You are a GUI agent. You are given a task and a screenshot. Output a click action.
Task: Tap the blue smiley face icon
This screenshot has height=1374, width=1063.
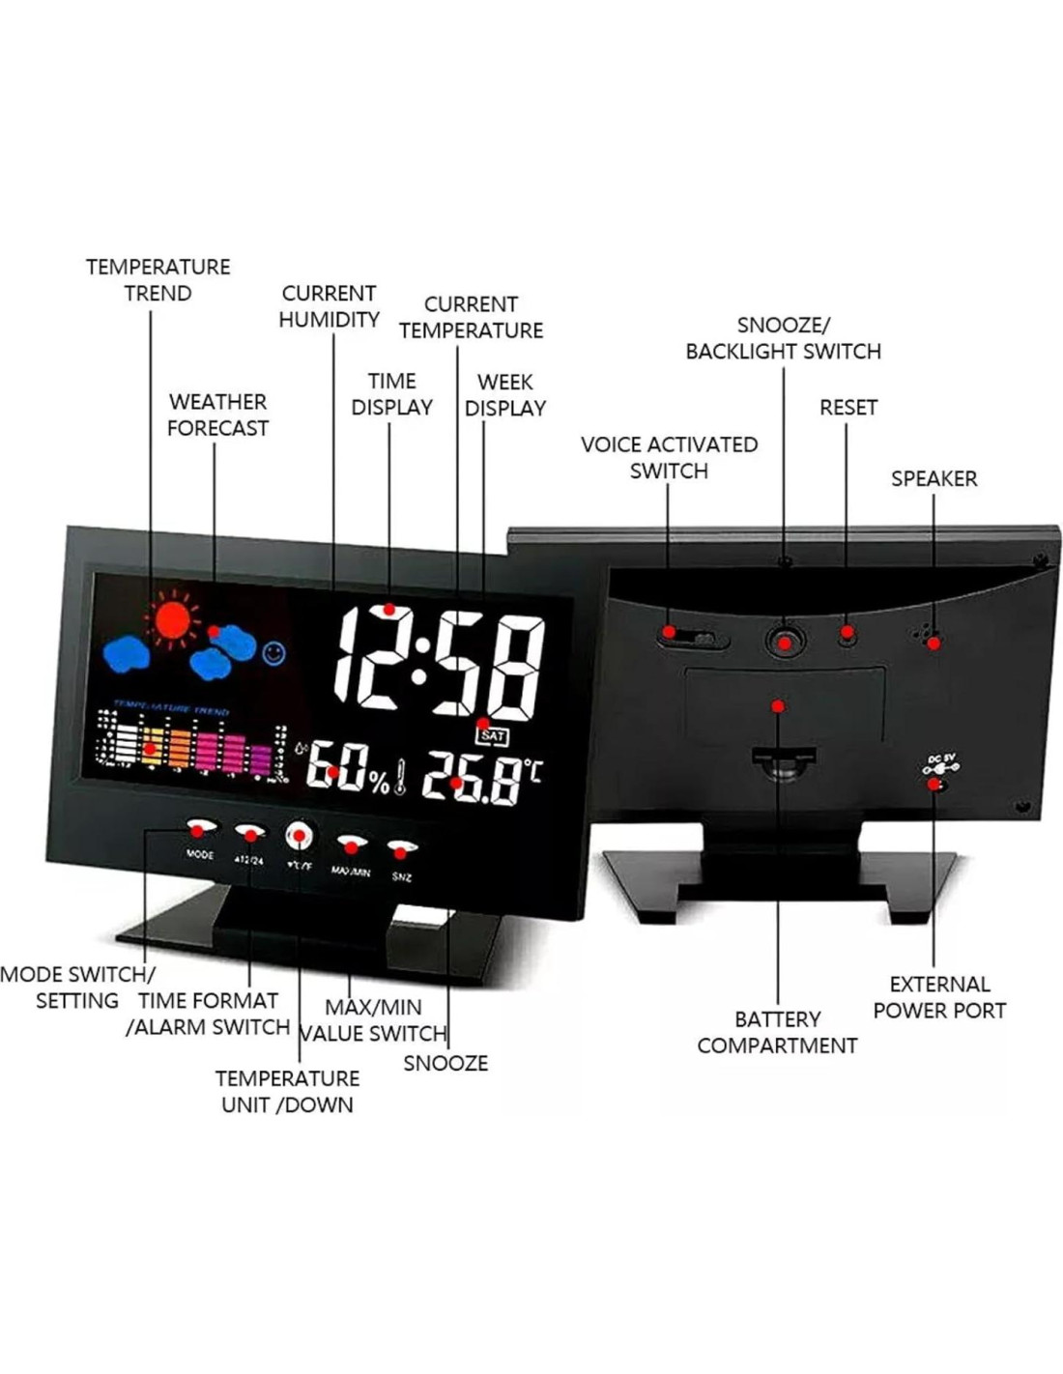click(273, 653)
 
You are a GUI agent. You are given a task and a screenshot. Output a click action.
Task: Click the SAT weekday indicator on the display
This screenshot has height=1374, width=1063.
click(493, 736)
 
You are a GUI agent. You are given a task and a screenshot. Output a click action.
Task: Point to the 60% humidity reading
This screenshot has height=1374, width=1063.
click(348, 769)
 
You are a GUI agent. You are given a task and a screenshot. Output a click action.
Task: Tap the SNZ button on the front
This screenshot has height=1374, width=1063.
click(401, 850)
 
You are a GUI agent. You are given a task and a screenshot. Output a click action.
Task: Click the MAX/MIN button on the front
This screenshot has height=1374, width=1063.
click(351, 845)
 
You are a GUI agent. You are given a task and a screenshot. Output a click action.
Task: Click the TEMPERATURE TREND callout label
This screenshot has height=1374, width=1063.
click(158, 280)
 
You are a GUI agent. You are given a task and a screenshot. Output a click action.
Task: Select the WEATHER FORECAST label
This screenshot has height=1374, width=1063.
click(217, 415)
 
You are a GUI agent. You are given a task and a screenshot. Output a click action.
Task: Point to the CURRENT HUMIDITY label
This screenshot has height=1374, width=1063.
click(329, 306)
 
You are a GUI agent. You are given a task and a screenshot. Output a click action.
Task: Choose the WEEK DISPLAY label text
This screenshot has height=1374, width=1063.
click(504, 395)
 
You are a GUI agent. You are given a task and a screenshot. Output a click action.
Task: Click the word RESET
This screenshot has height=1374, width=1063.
click(848, 408)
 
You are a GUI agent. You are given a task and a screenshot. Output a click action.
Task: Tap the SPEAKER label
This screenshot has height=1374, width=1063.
click(934, 478)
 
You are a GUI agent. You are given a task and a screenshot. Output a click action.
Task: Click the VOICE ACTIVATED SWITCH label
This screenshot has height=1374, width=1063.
click(669, 457)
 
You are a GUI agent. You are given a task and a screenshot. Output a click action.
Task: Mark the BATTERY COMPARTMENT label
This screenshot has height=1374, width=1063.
click(777, 1032)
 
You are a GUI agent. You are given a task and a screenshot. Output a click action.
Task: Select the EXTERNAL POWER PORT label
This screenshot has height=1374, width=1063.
click(939, 997)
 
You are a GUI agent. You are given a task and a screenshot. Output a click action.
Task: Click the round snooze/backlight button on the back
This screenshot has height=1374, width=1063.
click(786, 641)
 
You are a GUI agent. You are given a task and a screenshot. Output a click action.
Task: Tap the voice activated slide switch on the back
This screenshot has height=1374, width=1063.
click(689, 637)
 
